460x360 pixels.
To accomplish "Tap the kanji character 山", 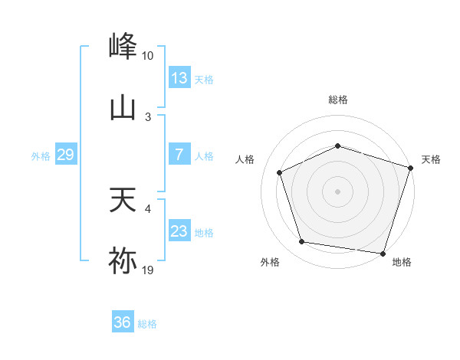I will coord(123,108).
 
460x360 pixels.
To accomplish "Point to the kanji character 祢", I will coord(123,261).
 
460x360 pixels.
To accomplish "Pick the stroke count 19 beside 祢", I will coord(148,270).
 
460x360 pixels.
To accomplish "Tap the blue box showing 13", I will coord(179,78).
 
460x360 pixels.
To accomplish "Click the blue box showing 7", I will coord(179,155).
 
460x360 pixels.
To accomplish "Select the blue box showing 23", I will coord(179,231).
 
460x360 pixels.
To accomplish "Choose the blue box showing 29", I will coord(65,155).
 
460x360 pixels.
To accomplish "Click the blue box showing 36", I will coord(122,322).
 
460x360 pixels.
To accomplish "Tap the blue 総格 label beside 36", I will coord(147,324).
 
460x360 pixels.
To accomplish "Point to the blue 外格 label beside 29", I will coord(41,156).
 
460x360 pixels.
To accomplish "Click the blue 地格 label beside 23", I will coord(204,233).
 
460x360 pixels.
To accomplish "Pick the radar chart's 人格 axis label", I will coord(245,159).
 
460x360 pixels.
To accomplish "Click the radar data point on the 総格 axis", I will coord(337,146).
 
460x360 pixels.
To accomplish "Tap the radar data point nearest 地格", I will coord(383,253).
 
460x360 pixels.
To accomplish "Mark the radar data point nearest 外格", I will coord(302,242).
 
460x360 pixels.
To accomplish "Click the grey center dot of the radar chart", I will coord(337,191).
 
